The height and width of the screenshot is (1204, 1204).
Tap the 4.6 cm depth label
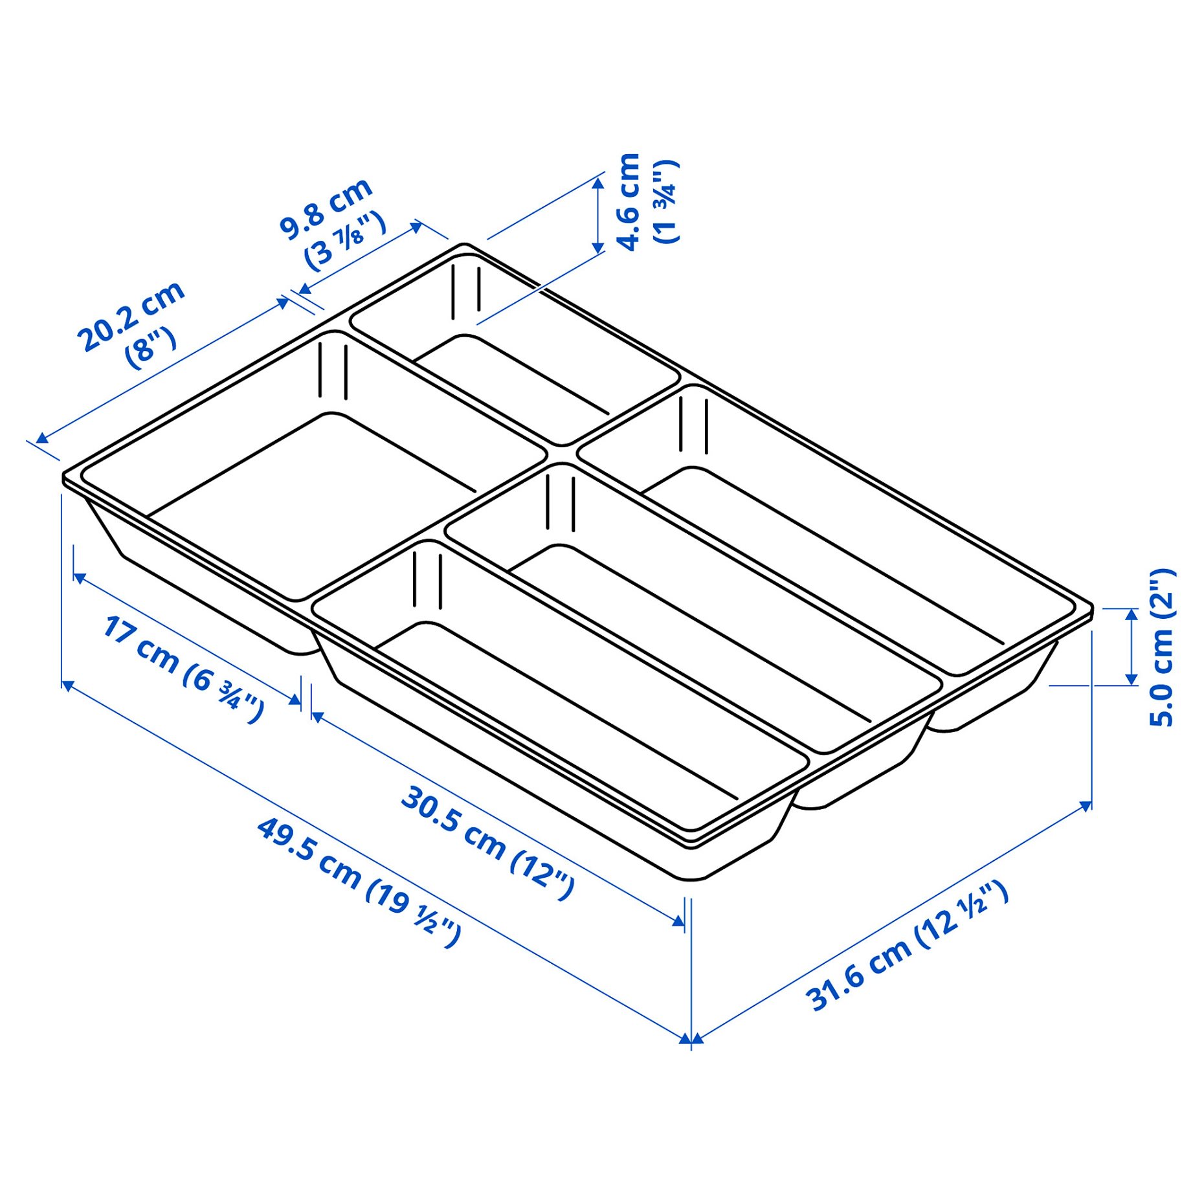pos(628,201)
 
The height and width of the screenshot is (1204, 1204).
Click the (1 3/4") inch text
pos(666,201)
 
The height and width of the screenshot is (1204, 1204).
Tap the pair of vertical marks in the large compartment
pos(333,370)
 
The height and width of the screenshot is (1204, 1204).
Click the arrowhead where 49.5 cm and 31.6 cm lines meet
pos(691,1040)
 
